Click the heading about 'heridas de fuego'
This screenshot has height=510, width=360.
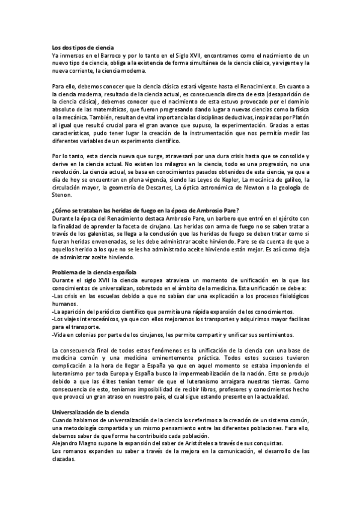point(145,210)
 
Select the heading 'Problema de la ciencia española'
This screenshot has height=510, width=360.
point(94,272)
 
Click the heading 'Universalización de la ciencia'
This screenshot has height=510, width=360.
point(91,412)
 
